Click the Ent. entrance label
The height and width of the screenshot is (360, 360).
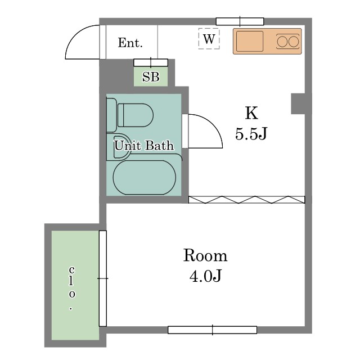[x=130, y=43]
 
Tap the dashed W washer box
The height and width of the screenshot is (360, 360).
[x=209, y=39]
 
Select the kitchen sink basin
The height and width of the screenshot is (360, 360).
[x=250, y=41]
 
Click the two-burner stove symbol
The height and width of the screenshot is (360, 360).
[x=287, y=42]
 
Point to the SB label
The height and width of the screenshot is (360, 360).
[x=151, y=76]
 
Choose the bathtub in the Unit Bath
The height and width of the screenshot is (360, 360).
[x=145, y=178]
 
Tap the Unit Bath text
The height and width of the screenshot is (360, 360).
[x=144, y=145]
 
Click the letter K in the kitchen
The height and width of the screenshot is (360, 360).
[x=251, y=112]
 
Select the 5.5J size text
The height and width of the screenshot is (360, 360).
[x=251, y=133]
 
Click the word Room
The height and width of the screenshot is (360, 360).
[x=205, y=255]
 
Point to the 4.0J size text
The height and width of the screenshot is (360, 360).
[x=205, y=276]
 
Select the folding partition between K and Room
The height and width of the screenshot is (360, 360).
[x=247, y=200]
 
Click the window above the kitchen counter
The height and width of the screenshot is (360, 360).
[x=240, y=21]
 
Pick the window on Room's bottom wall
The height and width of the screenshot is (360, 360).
[x=213, y=330]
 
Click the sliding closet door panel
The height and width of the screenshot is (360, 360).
[x=103, y=278]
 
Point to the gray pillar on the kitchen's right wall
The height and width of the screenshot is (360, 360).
[x=298, y=103]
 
